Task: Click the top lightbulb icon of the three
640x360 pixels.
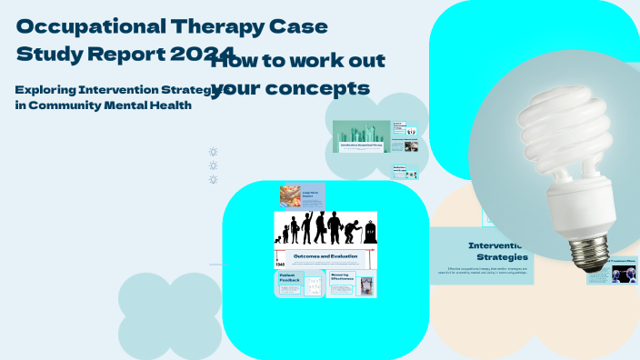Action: coord(214,152)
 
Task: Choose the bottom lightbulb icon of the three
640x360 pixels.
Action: coord(214,179)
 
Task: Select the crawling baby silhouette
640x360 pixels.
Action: coord(282,239)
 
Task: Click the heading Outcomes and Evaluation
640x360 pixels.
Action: coord(325,257)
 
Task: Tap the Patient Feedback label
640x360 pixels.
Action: coord(286,282)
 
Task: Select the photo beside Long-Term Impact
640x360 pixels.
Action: coord(291,195)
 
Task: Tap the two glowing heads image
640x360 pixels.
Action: coord(624,275)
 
